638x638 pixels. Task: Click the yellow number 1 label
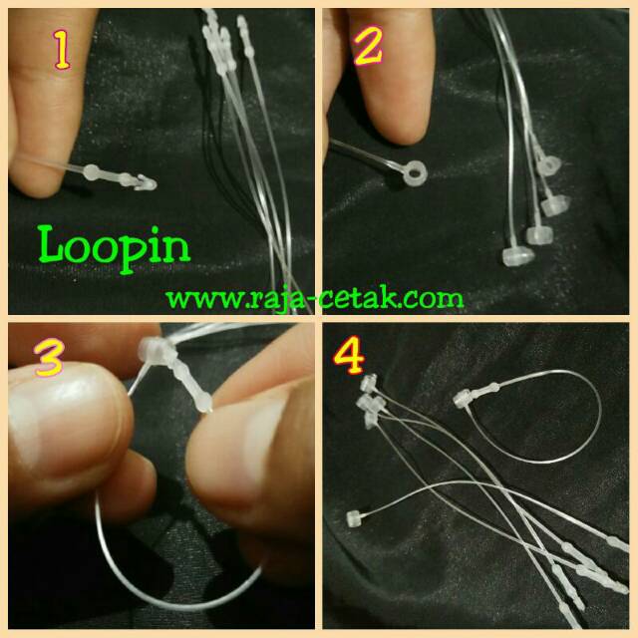pos(61,51)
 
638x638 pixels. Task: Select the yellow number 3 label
pos(51,360)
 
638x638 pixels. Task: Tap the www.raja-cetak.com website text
pos(314,296)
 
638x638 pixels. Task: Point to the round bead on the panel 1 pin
pos(93,172)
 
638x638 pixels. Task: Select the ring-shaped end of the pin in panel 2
pos(413,174)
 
